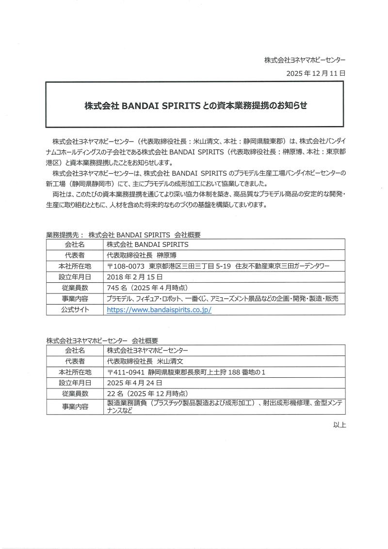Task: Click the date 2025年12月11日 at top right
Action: (x=316, y=73)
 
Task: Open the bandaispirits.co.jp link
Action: (x=159, y=309)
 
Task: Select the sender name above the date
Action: (x=305, y=60)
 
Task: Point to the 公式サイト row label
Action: (x=75, y=309)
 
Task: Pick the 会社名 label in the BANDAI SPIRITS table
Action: (x=75, y=245)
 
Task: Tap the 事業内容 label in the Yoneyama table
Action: (x=75, y=406)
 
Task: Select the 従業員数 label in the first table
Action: (x=75, y=288)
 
